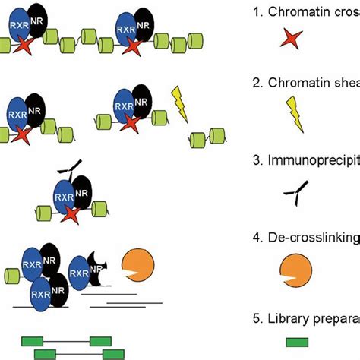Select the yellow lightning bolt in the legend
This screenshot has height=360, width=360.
coord(292,118)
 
